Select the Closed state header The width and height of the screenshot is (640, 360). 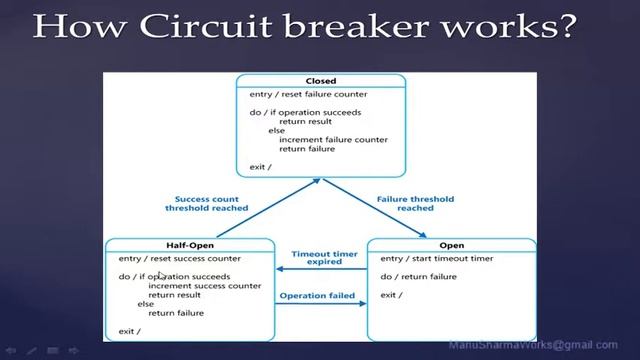320,81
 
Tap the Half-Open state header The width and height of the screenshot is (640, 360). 190,245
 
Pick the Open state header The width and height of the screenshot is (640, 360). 451,245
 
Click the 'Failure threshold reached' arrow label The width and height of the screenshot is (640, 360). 415,203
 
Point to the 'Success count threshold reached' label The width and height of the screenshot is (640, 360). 207,203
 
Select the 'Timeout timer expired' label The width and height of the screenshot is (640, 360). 318,258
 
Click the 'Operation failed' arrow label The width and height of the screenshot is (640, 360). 317,295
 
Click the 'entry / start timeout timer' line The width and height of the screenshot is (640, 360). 436,258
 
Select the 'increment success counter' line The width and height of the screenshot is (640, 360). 204,286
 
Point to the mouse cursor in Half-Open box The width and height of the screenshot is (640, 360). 160,275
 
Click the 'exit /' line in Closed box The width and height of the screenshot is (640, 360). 261,166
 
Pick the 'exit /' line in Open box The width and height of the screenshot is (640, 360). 391,295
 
